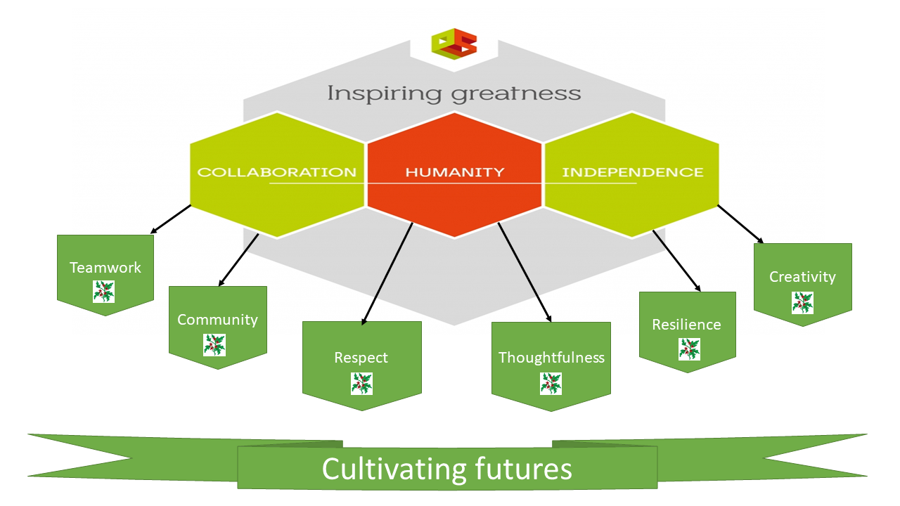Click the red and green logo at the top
click(x=454, y=44)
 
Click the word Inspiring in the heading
click(x=384, y=94)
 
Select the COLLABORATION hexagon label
click(x=277, y=172)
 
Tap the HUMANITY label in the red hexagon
click(x=454, y=172)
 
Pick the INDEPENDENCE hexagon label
click(x=632, y=172)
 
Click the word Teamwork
click(x=105, y=268)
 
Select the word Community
click(x=217, y=320)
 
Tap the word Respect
click(x=361, y=358)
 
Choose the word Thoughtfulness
click(x=551, y=358)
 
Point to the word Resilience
click(x=686, y=325)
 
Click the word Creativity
click(x=802, y=277)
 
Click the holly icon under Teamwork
click(x=103, y=292)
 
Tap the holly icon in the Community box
click(x=214, y=345)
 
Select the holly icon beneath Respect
click(x=361, y=384)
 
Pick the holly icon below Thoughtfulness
click(x=551, y=384)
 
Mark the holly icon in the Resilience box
click(x=690, y=349)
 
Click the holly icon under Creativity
click(x=803, y=303)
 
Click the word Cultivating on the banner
click(x=394, y=469)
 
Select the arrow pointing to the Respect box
click(x=387, y=273)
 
